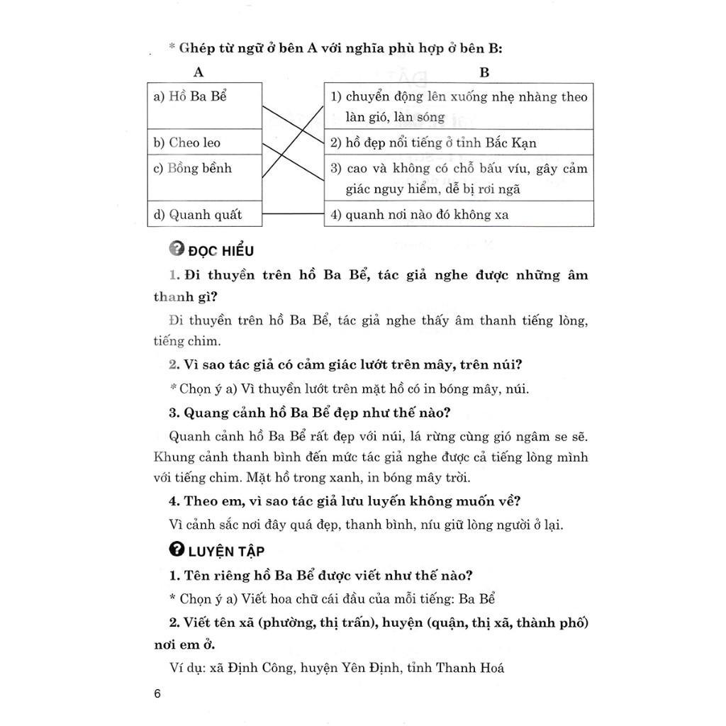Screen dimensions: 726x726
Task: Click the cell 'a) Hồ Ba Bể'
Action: [x=190, y=96]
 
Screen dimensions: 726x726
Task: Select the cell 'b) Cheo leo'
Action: [x=187, y=143]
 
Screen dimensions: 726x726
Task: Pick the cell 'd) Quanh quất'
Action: [x=198, y=214]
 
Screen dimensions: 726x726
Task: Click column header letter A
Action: [x=199, y=72]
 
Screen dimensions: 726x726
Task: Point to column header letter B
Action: [x=484, y=72]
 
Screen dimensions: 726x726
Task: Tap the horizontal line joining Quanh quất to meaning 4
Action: [x=293, y=213]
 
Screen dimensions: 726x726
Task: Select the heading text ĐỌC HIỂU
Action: [x=221, y=250]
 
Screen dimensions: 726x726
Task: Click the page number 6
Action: [x=157, y=693]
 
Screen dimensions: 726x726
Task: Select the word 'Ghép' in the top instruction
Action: [x=194, y=48]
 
